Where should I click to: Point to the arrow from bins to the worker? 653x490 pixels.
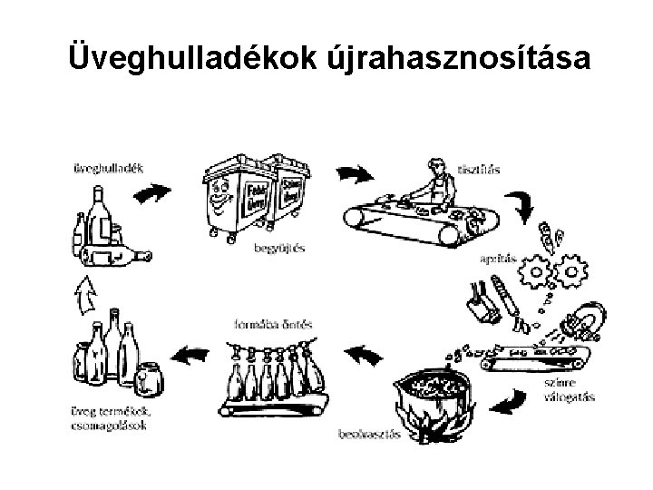click(x=356, y=173)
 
